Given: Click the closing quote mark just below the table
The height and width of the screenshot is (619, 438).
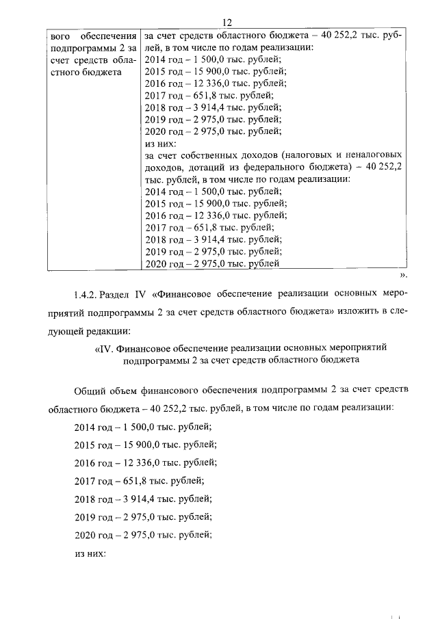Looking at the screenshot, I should pyautogui.click(x=404, y=275).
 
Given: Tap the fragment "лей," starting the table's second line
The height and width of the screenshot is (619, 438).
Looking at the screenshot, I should pyautogui.click(x=154, y=48).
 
